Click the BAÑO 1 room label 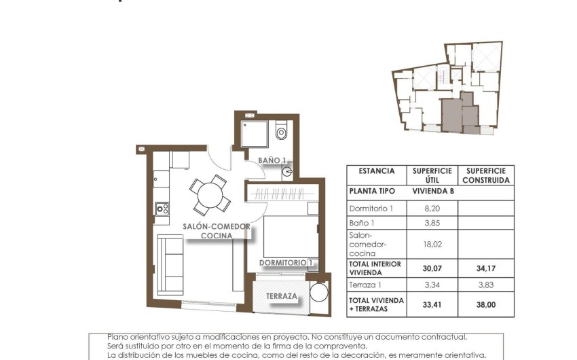pyautogui.click(x=272, y=160)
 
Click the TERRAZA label pyautogui.click(x=281, y=296)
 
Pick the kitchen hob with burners pyautogui.click(x=162, y=209)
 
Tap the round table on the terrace pyautogui.click(x=318, y=293)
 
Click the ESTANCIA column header pyautogui.click(x=377, y=171)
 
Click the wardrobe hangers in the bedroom pyautogui.click(x=280, y=194)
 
